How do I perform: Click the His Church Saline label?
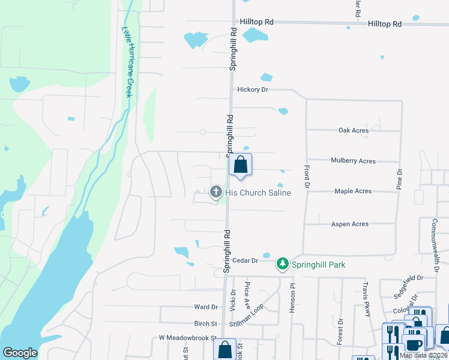coord(258,193)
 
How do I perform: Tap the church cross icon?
coord(216,193)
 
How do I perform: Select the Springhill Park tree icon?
coord(282,264)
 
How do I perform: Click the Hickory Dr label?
coord(252,89)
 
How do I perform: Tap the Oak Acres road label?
coord(353,130)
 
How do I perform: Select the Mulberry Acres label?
coord(353,161)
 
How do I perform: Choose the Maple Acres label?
coord(353,191)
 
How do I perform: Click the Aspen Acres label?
coord(350,224)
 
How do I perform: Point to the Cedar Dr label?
coord(246,261)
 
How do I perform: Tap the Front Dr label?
coord(306,177)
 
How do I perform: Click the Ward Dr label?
coord(202,307)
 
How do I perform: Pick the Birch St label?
coord(202,323)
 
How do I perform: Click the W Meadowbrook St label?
coord(187,338)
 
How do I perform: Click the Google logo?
coord(20,352)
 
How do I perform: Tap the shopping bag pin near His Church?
coord(240,164)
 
